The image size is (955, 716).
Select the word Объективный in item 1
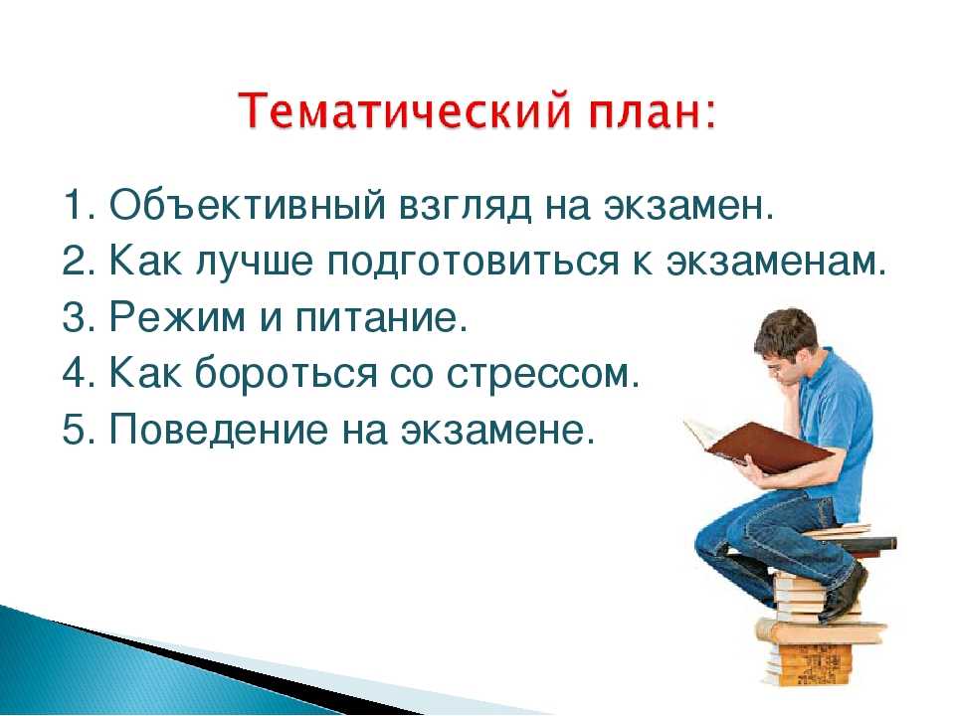(248, 205)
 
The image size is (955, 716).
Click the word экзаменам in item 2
(772, 262)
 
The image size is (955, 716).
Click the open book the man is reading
(758, 446)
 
